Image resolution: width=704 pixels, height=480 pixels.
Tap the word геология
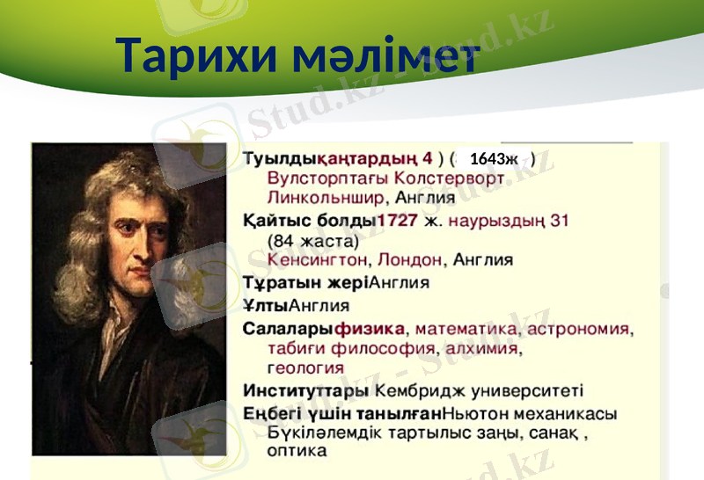pyautogui.click(x=304, y=367)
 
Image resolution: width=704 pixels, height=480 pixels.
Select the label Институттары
pyautogui.click(x=305, y=389)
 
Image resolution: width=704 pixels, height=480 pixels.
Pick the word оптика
pyautogui.click(x=297, y=451)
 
